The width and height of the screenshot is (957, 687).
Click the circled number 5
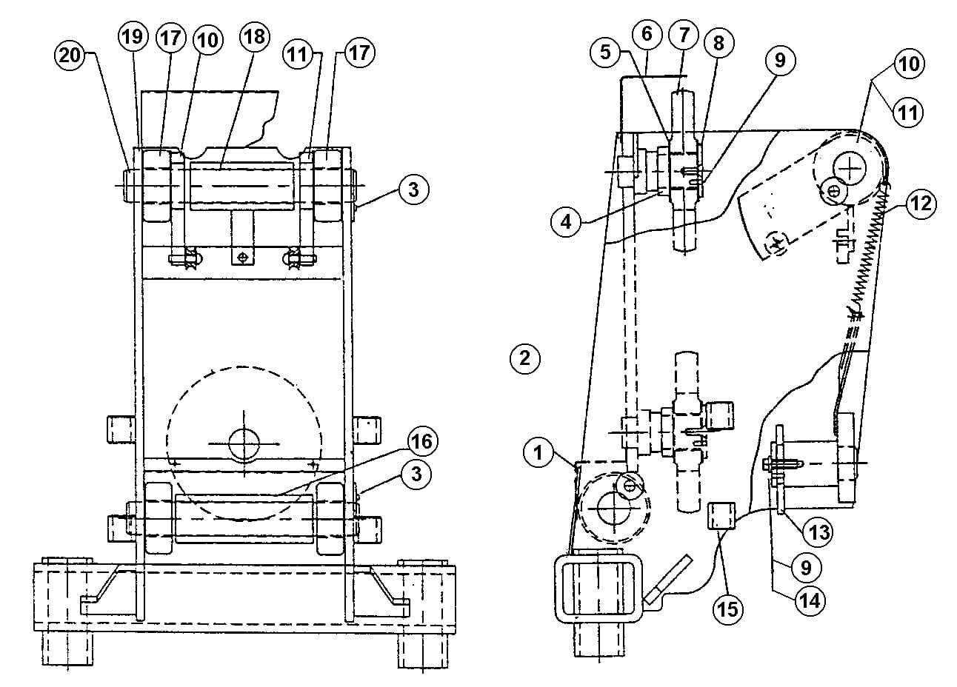[x=607, y=52]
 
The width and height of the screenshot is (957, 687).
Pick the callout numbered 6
[x=647, y=34]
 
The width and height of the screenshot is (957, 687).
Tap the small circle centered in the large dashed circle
[x=243, y=443]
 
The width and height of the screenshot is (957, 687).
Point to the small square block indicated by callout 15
[x=721, y=515]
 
